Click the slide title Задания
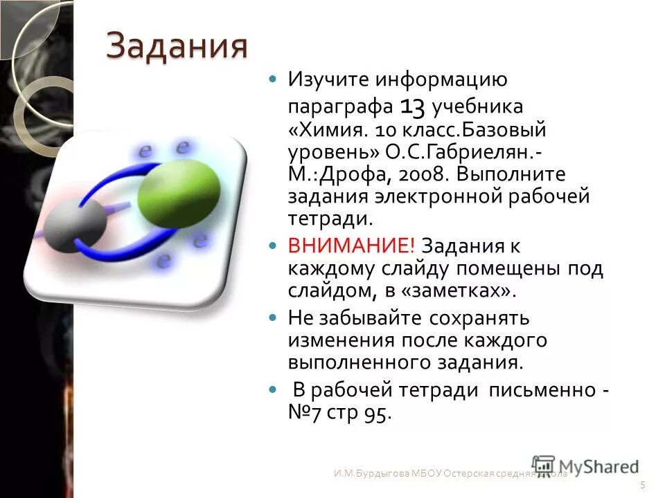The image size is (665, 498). click(x=177, y=47)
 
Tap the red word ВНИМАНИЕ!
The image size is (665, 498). click(x=352, y=246)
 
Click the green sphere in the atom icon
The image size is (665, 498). click(x=179, y=189)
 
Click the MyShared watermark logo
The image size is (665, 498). click(x=585, y=466)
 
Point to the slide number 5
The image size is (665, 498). click(x=644, y=484)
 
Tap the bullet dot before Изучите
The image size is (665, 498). click(x=272, y=80)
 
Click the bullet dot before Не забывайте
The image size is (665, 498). click(x=272, y=319)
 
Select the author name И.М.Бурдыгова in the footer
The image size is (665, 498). click(x=363, y=474)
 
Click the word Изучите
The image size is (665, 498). click(x=328, y=80)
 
